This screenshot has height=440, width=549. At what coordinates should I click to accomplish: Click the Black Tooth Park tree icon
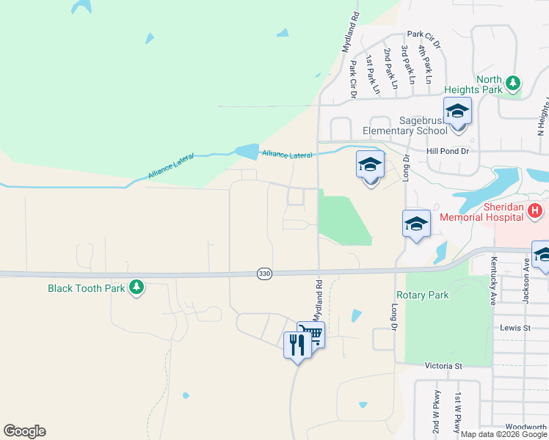136,287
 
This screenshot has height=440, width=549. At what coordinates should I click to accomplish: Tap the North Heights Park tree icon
515,84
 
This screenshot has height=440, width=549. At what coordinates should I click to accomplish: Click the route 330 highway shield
264,274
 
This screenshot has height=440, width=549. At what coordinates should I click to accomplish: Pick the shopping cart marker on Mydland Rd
311,335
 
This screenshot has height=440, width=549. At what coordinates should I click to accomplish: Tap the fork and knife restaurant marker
297,344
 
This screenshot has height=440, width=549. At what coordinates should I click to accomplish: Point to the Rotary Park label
422,295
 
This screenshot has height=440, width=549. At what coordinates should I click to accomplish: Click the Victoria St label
443,365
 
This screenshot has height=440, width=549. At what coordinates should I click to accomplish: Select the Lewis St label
515,328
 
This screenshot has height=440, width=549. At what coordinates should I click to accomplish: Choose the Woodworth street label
527,427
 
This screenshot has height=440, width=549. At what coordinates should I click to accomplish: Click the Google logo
24,431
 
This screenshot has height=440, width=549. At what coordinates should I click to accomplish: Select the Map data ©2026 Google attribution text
503,434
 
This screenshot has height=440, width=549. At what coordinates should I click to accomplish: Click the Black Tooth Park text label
87,288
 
